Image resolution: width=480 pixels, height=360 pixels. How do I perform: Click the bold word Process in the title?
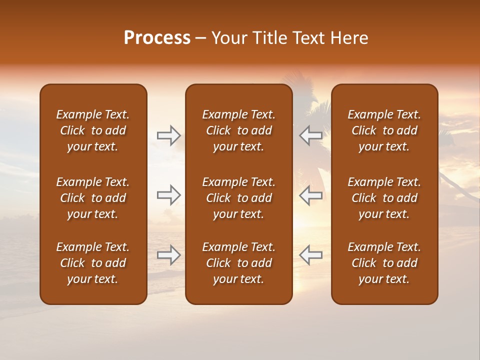[157, 38]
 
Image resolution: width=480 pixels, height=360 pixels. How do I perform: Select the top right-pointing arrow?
[169, 135]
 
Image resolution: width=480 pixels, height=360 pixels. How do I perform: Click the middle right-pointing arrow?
[169, 195]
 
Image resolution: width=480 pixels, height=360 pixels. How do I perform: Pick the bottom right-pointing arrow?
[169, 255]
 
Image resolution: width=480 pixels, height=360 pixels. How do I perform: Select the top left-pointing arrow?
[310, 135]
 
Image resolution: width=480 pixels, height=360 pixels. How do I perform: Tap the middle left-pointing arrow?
[310, 195]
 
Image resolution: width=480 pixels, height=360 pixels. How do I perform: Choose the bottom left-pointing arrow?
[310, 255]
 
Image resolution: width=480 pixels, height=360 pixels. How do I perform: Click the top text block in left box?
[93, 130]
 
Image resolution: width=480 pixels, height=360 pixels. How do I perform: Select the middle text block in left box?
[93, 198]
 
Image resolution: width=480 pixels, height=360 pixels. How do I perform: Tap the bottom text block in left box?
[93, 263]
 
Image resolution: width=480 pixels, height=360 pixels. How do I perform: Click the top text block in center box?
[238, 130]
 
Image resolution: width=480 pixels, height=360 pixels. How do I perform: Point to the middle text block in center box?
[238, 198]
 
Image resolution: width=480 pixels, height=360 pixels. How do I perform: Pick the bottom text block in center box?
[238, 263]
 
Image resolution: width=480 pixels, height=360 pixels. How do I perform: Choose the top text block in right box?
[384, 130]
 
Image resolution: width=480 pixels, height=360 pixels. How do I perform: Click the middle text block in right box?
[384, 198]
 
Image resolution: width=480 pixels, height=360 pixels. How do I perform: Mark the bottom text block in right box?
[384, 263]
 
